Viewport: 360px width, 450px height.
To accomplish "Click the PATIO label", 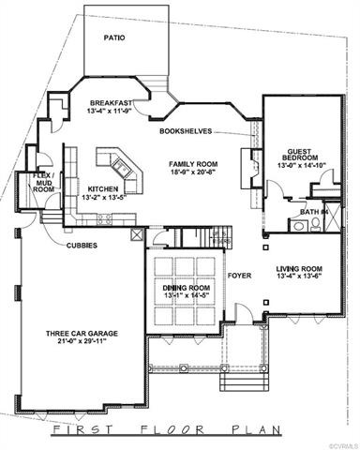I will click(114, 38).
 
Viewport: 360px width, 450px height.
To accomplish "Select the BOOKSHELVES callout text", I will click(185, 131).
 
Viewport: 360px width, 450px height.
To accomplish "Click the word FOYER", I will click(237, 275).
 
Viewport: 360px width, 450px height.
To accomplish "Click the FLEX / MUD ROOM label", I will click(43, 182).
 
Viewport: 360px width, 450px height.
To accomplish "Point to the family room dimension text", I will click(195, 172).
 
